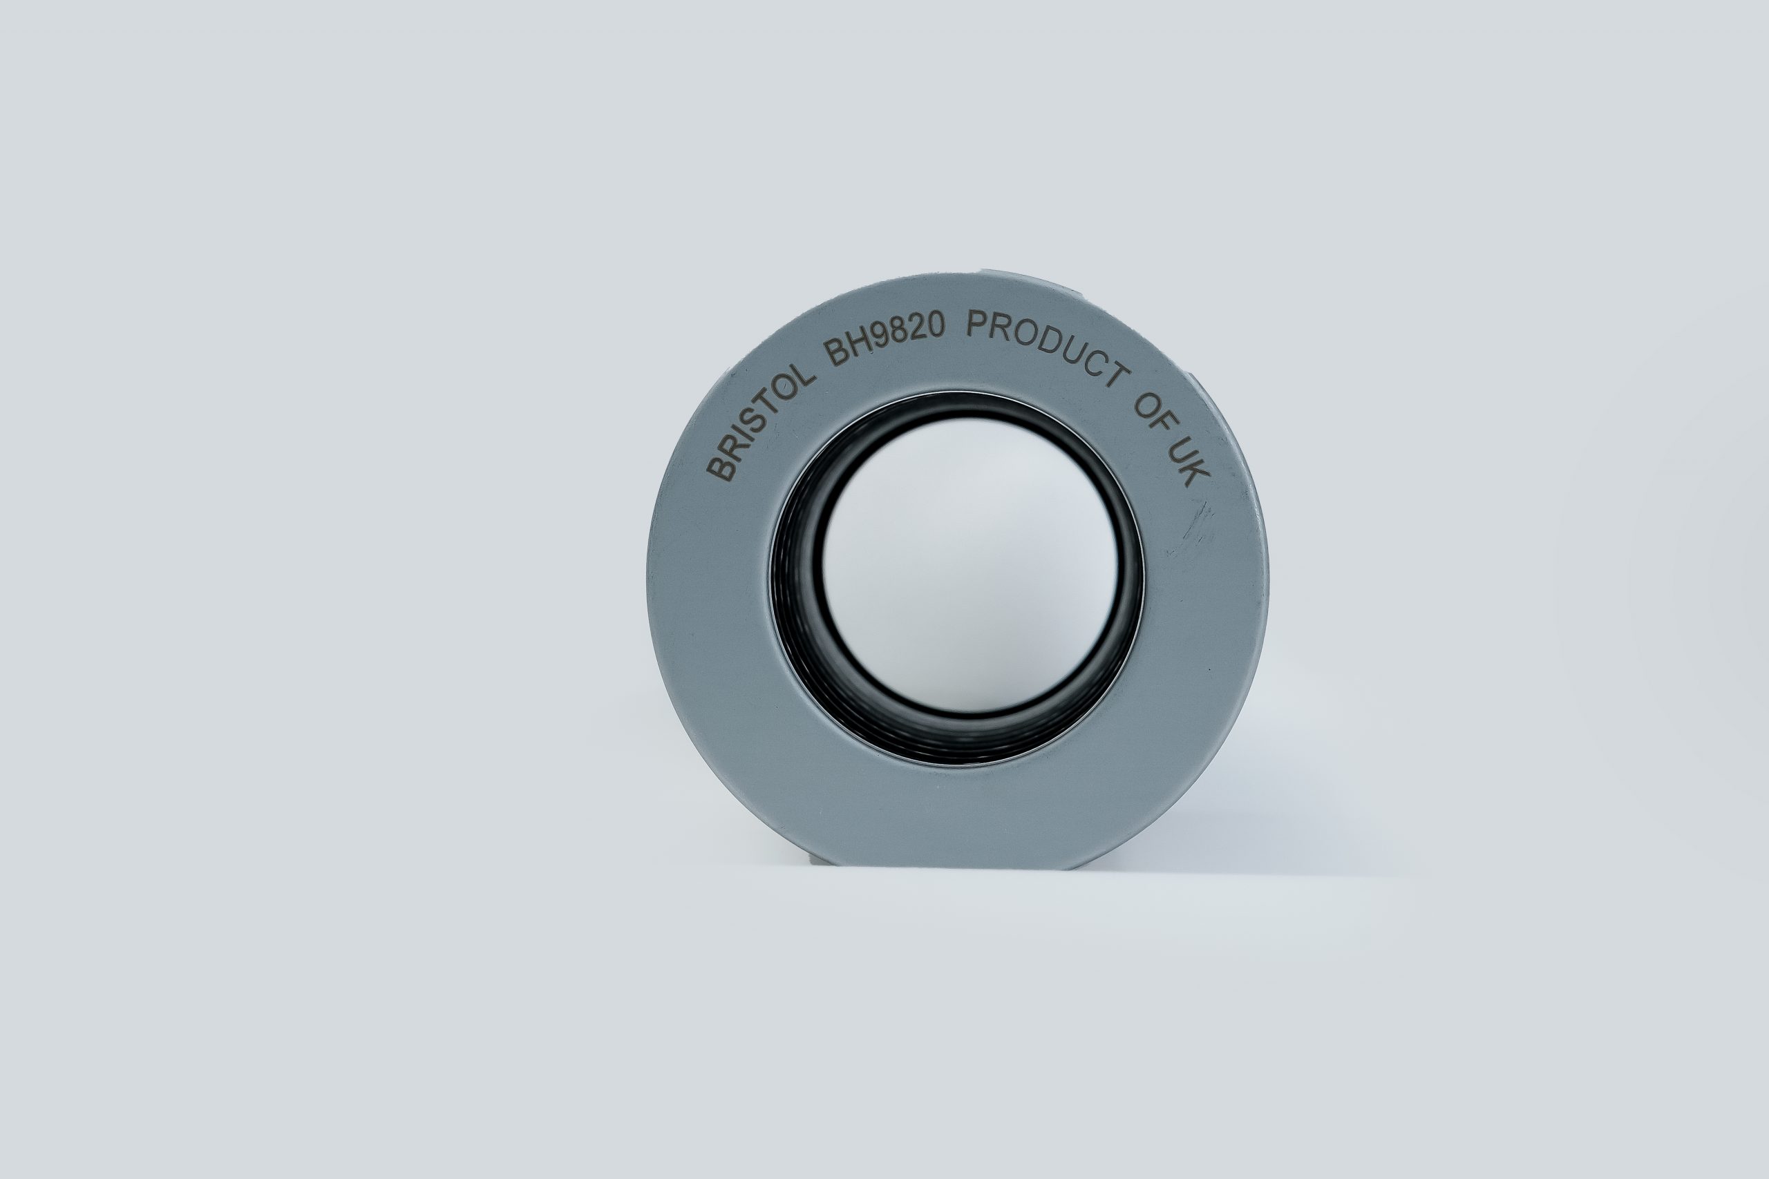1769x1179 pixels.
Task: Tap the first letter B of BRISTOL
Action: click(x=721, y=467)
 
